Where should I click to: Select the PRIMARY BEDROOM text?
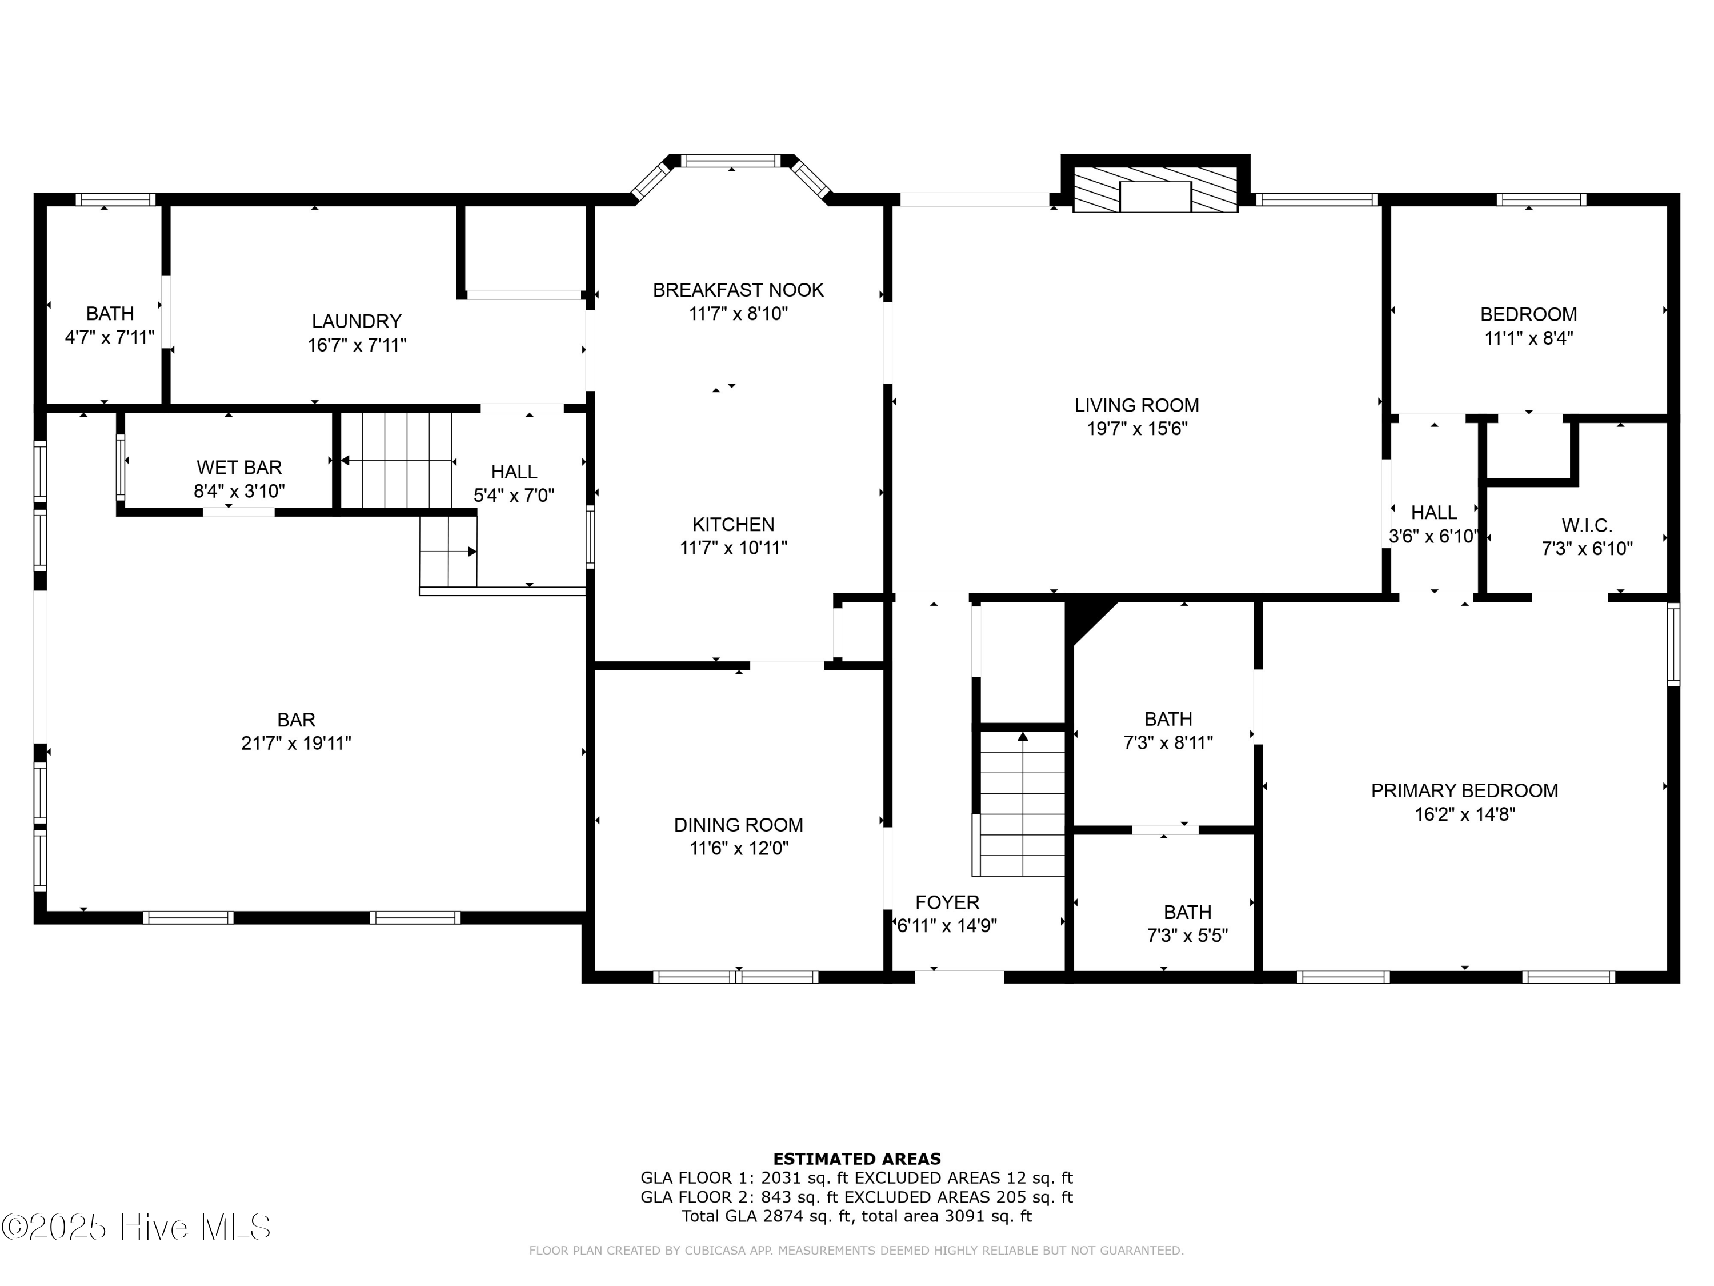pos(1464,790)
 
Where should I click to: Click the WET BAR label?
pos(239,468)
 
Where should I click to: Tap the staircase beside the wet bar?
pos(397,461)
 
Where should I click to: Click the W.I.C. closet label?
pos(1586,526)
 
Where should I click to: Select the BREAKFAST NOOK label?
pos(738,290)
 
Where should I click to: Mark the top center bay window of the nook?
pos(731,161)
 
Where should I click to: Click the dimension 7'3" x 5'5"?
pos(1187,936)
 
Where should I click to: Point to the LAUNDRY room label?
pos(357,321)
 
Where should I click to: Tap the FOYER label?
pos(947,902)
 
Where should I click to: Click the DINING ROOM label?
pos(738,825)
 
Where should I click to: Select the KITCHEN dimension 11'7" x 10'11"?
pos(733,548)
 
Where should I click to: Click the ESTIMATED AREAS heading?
pos(856,1159)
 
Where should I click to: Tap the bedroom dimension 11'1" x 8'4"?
pos(1528,338)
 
